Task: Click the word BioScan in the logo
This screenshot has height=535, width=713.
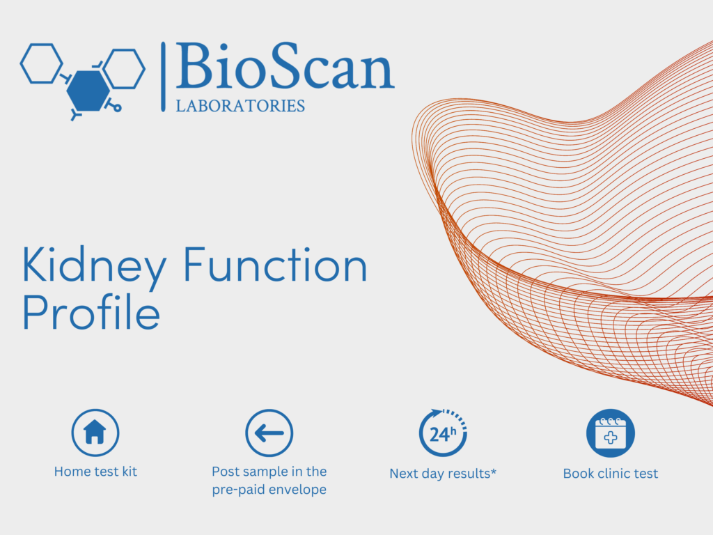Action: pyautogui.click(x=285, y=66)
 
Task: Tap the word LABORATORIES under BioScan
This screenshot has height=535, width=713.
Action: pyautogui.click(x=240, y=106)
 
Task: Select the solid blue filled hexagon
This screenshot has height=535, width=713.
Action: pyautogui.click(x=88, y=91)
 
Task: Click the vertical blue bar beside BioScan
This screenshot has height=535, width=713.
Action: pyautogui.click(x=163, y=77)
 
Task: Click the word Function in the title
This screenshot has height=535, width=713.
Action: pyautogui.click(x=275, y=265)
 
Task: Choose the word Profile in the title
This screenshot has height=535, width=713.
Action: pyautogui.click(x=91, y=311)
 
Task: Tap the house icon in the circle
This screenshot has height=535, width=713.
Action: pyautogui.click(x=95, y=432)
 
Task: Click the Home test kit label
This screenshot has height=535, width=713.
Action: pyautogui.click(x=95, y=472)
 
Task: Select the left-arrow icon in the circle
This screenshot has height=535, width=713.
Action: pyautogui.click(x=269, y=433)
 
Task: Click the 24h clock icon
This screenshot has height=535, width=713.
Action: pyautogui.click(x=442, y=433)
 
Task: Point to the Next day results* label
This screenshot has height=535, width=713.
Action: pyautogui.click(x=443, y=474)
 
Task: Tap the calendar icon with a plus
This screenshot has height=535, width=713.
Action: pyautogui.click(x=610, y=433)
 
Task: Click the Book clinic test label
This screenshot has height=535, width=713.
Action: pyautogui.click(x=610, y=474)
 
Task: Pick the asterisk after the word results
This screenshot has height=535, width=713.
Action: pyautogui.click(x=494, y=471)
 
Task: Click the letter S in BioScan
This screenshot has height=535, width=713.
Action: pyautogui.click(x=285, y=65)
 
